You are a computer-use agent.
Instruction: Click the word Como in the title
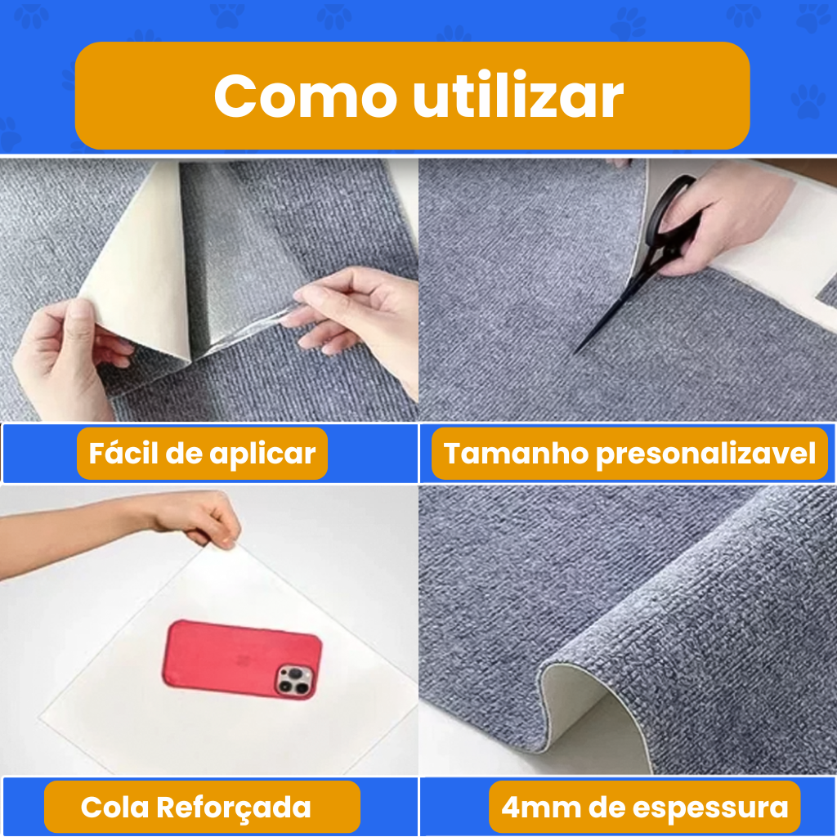(306, 96)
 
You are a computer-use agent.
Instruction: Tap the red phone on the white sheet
(242, 660)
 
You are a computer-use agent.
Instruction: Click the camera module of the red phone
(294, 681)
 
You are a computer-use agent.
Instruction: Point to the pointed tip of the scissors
(575, 352)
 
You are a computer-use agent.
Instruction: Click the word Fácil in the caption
(123, 453)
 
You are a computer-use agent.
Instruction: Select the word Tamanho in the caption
(516, 453)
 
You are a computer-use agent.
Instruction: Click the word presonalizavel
(705, 454)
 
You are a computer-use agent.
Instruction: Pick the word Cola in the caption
(114, 807)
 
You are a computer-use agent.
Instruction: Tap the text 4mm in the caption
(541, 808)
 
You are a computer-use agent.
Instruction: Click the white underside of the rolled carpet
(584, 710)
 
